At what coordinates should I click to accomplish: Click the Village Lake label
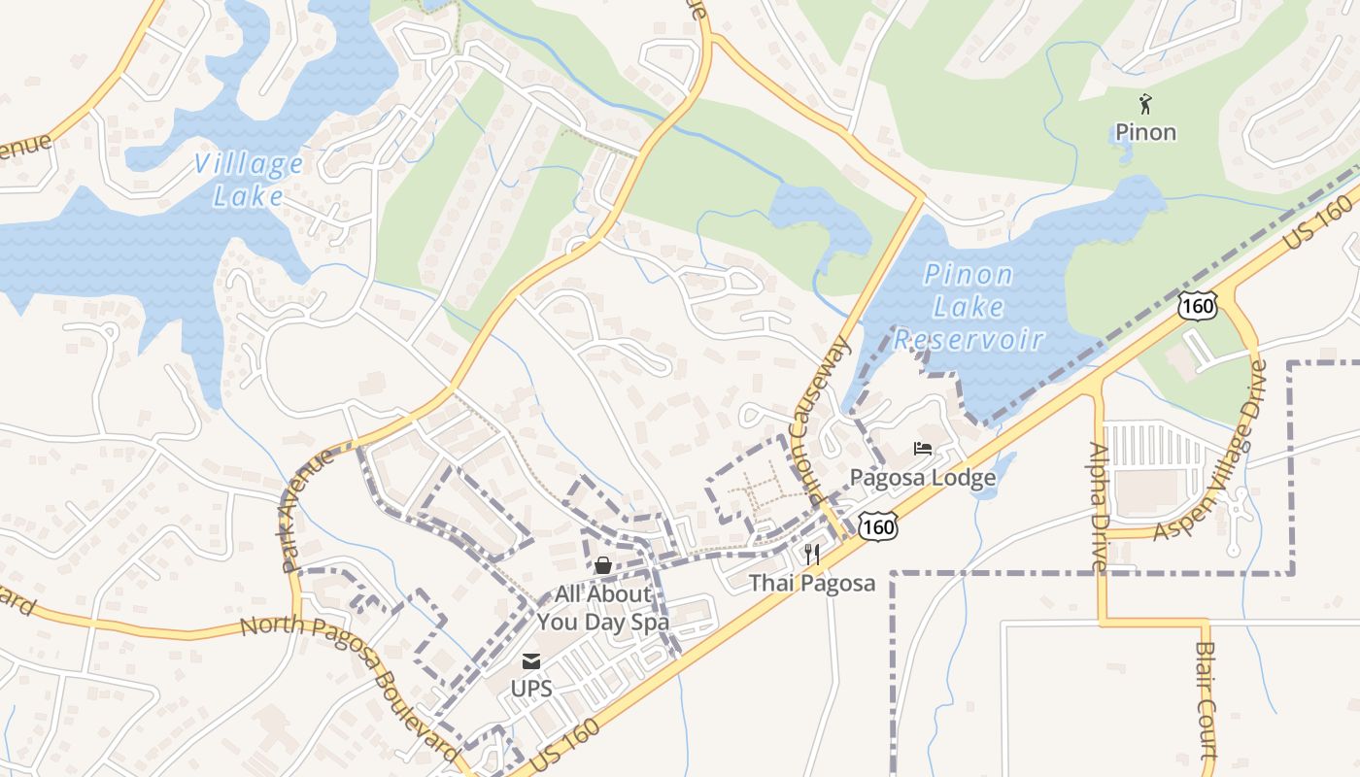tap(249, 180)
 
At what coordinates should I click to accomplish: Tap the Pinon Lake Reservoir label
tap(969, 307)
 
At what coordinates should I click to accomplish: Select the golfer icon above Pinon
tap(1145, 102)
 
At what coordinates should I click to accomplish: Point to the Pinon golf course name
tap(1145, 132)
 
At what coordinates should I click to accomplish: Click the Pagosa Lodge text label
tap(923, 478)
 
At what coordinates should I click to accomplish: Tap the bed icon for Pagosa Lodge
tap(923, 449)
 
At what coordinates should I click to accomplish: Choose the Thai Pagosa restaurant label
tap(812, 583)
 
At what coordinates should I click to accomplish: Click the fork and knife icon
tap(812, 555)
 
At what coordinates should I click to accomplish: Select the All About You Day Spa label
tap(602, 607)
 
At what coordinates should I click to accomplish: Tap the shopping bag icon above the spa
tap(602, 565)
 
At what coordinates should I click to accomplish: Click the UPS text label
tap(531, 689)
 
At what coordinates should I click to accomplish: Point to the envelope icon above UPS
tap(531, 661)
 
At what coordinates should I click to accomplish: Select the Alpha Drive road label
tap(1099, 506)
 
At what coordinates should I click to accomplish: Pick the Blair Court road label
tap(1206, 699)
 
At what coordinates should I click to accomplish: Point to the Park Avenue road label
tap(307, 508)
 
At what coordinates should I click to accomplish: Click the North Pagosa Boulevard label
tap(350, 679)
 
